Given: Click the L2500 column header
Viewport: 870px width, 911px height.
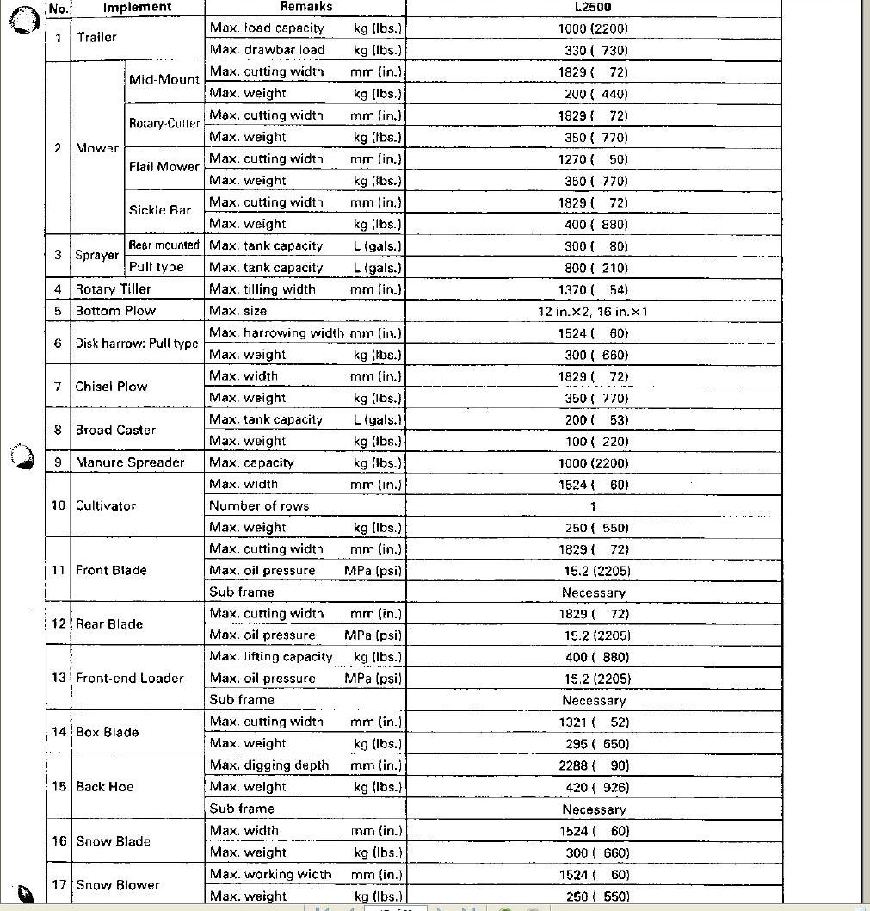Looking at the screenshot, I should [593, 7].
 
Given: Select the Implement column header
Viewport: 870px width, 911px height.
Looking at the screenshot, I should [138, 7].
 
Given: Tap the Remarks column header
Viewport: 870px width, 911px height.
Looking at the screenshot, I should [305, 7].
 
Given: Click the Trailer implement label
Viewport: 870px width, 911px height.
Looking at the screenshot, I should [96, 38].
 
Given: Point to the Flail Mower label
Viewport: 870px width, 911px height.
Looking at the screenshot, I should [164, 167].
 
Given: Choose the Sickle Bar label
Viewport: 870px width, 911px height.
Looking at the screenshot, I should [160, 210].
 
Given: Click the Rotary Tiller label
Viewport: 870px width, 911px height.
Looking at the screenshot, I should [113, 289].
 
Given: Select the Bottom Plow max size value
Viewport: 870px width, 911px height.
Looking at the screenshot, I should [592, 312].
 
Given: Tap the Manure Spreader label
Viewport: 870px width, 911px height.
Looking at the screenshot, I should [130, 462].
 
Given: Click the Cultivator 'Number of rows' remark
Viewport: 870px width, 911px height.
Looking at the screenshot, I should [259, 506].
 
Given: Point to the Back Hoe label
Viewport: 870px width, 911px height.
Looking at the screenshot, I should [105, 787].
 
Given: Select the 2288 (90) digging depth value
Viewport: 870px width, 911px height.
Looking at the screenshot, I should [594, 765].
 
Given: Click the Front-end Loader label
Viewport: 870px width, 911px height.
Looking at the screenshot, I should [129, 679].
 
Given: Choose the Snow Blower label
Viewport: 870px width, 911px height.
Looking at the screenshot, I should [118, 885].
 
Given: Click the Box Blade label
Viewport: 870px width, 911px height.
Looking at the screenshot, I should [108, 733].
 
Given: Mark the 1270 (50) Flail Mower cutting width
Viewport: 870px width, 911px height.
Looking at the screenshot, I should [594, 159].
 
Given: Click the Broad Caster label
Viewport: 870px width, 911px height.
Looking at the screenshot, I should [115, 431].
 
